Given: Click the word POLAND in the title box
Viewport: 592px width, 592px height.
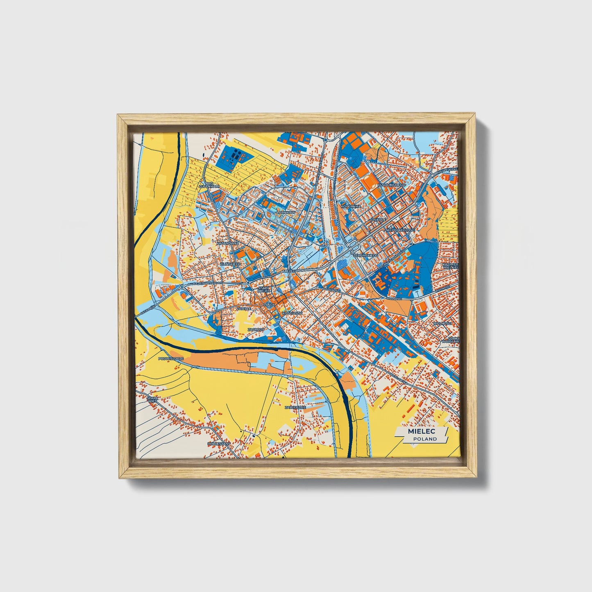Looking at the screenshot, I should coord(424,439).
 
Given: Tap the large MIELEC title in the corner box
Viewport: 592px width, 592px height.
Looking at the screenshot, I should coord(422,431).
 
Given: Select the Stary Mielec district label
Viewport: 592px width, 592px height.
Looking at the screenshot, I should coord(263,290).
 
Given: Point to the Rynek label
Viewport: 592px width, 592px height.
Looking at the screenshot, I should coord(269,305).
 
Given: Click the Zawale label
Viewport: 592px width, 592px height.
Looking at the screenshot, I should coord(244,308).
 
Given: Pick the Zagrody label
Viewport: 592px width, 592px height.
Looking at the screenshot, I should coord(256,329).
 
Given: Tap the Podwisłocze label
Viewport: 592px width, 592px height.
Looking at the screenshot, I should coord(171,358).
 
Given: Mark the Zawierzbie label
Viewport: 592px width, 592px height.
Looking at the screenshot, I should coord(296,408).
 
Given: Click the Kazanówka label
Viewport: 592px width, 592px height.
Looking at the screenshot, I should coord(228,243).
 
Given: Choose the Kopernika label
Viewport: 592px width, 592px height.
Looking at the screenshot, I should coord(351,206).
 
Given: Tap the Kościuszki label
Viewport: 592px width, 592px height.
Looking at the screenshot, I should coord(293,313).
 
